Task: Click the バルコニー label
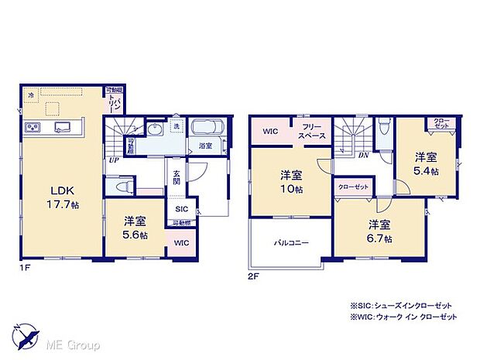click(x=291, y=243)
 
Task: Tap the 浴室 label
click(x=205, y=146)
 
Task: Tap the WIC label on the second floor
click(x=270, y=132)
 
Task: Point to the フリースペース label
click(x=313, y=131)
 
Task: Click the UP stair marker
click(x=113, y=160)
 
